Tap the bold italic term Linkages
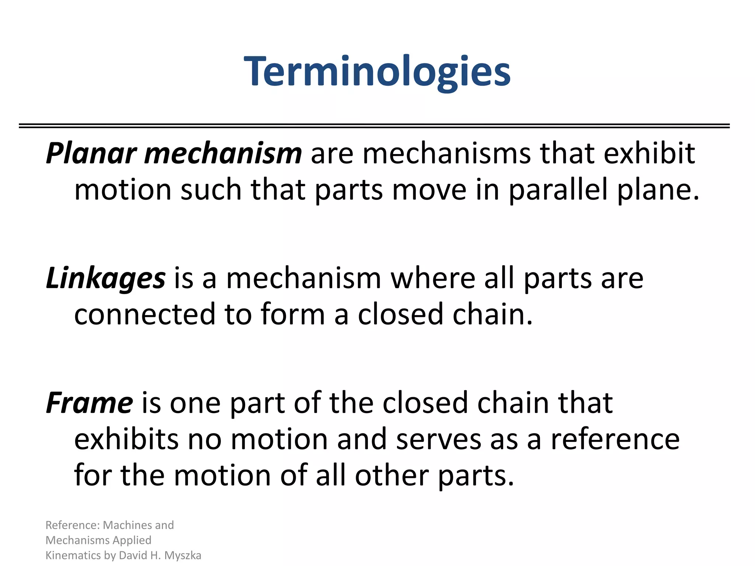point(106,278)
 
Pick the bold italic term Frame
point(89,403)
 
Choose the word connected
point(145,314)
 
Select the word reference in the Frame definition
point(615,439)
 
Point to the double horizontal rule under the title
point(374,126)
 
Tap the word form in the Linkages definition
point(293,314)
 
